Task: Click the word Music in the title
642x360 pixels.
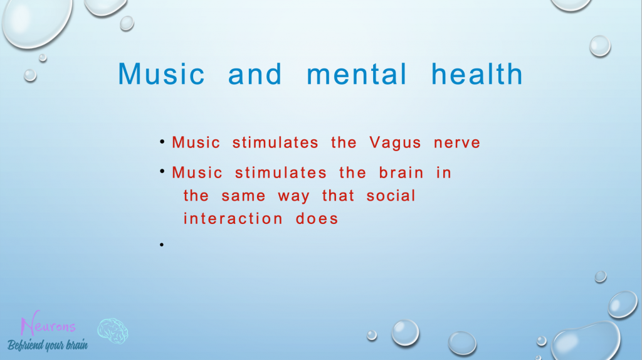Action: tap(161, 74)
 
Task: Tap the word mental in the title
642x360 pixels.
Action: tap(357, 74)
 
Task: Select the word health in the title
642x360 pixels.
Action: tap(477, 74)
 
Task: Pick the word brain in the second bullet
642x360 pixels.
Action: tap(401, 172)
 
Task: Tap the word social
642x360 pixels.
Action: tap(391, 195)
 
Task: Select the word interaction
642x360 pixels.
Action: tap(233, 218)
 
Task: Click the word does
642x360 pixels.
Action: tap(317, 218)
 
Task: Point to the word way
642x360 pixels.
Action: tap(293, 197)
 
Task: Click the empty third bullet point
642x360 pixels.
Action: tap(162, 245)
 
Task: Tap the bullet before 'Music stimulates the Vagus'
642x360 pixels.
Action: tap(162, 142)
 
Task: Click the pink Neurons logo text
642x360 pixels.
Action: tap(48, 324)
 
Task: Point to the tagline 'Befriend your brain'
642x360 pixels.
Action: tap(48, 345)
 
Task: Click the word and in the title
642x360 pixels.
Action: tap(255, 74)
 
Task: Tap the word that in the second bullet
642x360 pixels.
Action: tap(338, 195)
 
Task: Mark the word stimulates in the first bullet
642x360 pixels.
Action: tap(275, 142)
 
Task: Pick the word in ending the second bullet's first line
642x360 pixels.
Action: tap(443, 172)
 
